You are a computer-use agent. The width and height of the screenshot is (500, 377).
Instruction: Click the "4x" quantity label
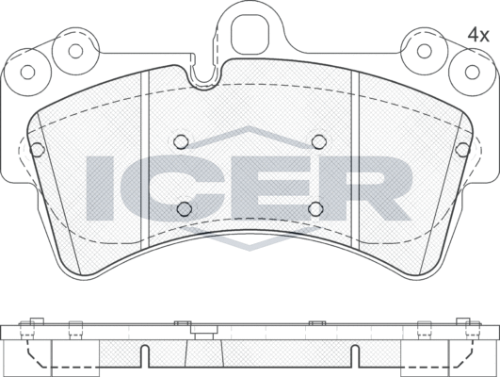tap(479, 35)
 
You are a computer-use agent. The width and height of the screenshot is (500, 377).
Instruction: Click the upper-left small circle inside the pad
tap(182, 141)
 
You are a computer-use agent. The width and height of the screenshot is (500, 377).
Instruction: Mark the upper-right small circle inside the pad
tap(317, 141)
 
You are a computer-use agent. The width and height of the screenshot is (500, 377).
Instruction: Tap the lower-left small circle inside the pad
tap(185, 208)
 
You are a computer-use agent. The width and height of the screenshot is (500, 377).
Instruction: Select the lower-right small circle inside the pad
tap(315, 208)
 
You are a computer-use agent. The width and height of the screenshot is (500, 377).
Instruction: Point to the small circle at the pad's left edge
tap(38, 149)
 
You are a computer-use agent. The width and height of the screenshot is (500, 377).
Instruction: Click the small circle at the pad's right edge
tap(462, 149)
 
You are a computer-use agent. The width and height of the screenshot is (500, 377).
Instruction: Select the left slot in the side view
tap(143, 357)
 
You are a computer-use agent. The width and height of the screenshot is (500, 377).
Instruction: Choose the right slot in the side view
tap(356, 357)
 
